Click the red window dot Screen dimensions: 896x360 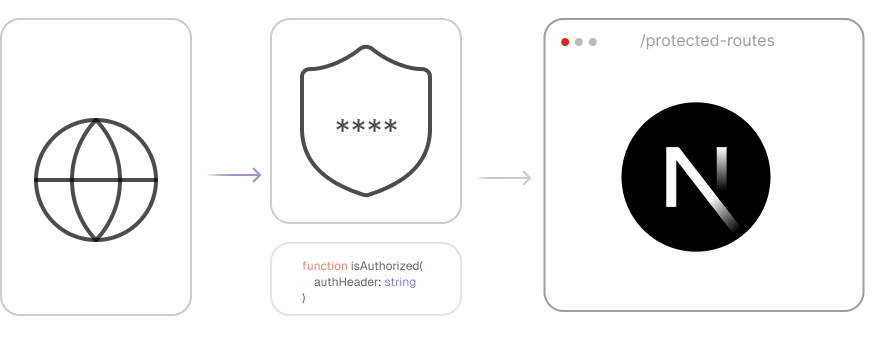click(x=565, y=42)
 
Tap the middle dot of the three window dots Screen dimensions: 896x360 click(x=579, y=42)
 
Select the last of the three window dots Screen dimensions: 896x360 click(x=593, y=42)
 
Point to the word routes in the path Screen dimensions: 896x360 click(x=751, y=41)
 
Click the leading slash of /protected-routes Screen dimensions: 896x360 click(x=643, y=41)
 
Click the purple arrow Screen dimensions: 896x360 click(x=233, y=175)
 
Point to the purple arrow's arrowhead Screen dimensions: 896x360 click(x=257, y=175)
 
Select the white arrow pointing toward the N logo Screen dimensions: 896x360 click(x=503, y=178)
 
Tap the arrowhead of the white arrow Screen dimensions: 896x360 click(x=527, y=178)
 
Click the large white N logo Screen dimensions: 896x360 click(x=698, y=179)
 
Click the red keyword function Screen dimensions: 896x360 click(x=324, y=267)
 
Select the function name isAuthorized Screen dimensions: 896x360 click(x=385, y=267)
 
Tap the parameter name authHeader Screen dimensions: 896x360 click(x=345, y=283)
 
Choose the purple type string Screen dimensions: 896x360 click(x=400, y=283)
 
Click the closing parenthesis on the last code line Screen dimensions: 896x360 click(x=304, y=298)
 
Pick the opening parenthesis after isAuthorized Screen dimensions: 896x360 click(x=423, y=267)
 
